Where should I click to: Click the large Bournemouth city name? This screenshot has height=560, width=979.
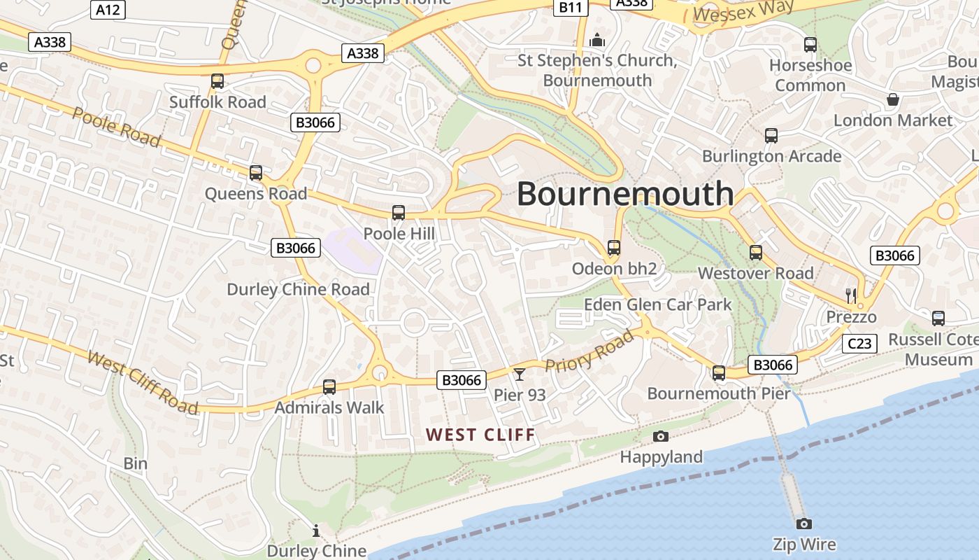pyautogui.click(x=625, y=194)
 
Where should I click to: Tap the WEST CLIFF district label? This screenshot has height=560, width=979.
pyautogui.click(x=481, y=435)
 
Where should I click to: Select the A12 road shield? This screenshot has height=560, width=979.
pyautogui.click(x=108, y=9)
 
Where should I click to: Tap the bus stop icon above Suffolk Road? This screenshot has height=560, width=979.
pyautogui.click(x=217, y=81)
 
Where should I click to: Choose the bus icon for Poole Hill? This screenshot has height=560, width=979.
pyautogui.click(x=399, y=213)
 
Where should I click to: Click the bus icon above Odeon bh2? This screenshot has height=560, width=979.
pyautogui.click(x=614, y=248)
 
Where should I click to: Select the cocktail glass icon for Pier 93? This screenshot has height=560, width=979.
pyautogui.click(x=520, y=374)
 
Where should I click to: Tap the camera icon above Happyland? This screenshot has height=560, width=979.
pyautogui.click(x=660, y=437)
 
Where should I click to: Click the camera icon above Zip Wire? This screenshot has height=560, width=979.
pyautogui.click(x=804, y=524)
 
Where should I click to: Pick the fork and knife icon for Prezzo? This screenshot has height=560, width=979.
pyautogui.click(x=851, y=295)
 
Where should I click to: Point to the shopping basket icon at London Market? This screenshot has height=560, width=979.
pyautogui.click(x=893, y=99)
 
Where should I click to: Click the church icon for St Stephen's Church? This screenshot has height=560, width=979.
pyautogui.click(x=596, y=40)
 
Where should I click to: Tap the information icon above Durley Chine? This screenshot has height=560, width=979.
pyautogui.click(x=316, y=531)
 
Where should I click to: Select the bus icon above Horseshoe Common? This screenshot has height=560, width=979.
pyautogui.click(x=810, y=45)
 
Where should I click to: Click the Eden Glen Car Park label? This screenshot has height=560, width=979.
pyautogui.click(x=657, y=304)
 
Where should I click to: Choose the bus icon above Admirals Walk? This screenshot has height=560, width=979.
pyautogui.click(x=329, y=386)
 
